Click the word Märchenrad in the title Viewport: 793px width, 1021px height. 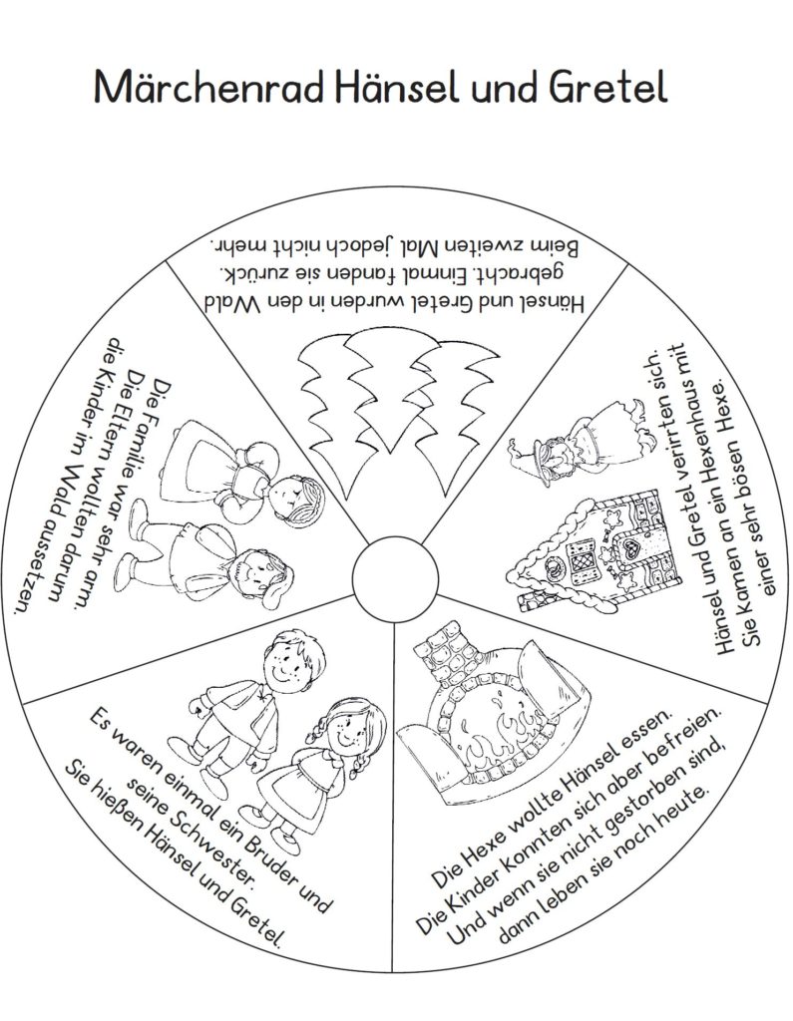point(209,87)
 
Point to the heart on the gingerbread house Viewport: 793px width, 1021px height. point(630,548)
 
